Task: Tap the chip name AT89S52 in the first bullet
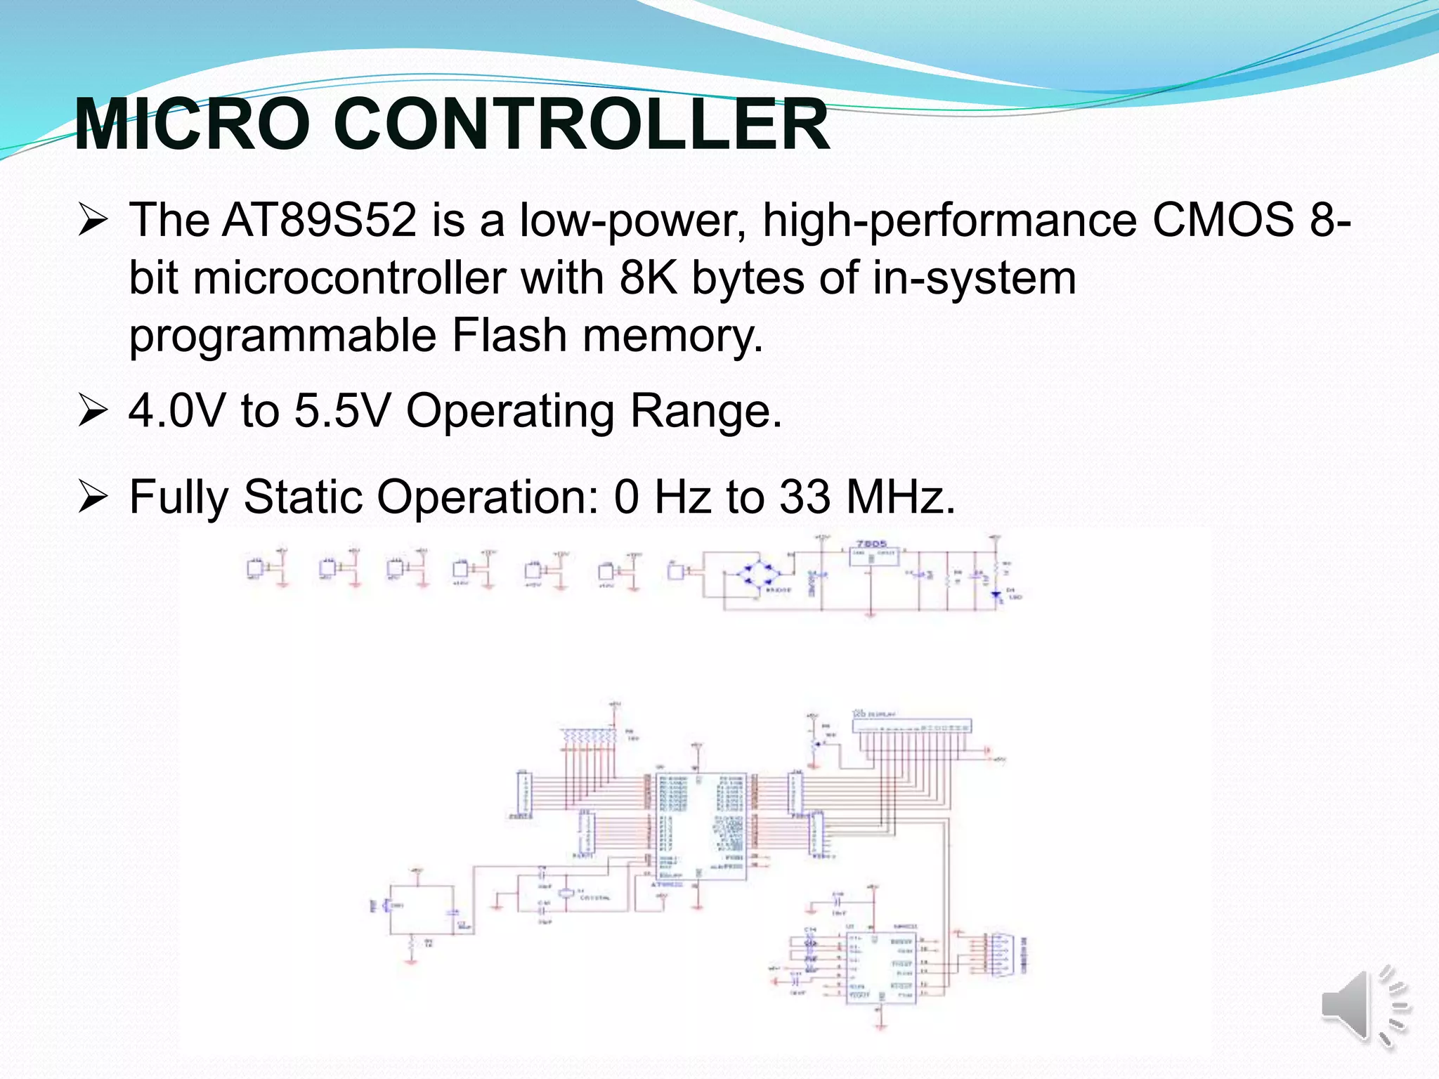click(x=320, y=220)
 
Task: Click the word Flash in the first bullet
click(x=509, y=335)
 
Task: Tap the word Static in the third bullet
click(x=303, y=497)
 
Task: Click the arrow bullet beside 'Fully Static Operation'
click(x=93, y=497)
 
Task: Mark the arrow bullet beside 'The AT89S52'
click(x=93, y=220)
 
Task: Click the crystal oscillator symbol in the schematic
click(x=566, y=894)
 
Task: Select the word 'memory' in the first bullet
click(x=672, y=335)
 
